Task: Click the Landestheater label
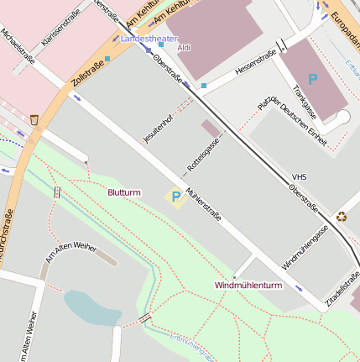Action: (149, 39)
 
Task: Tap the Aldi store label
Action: (184, 48)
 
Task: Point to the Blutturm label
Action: (123, 192)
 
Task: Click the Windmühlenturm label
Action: (248, 286)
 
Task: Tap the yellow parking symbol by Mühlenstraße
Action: (175, 197)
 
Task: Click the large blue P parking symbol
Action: (313, 79)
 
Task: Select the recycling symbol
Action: (342, 217)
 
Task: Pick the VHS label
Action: (299, 177)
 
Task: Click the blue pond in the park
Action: (91, 308)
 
